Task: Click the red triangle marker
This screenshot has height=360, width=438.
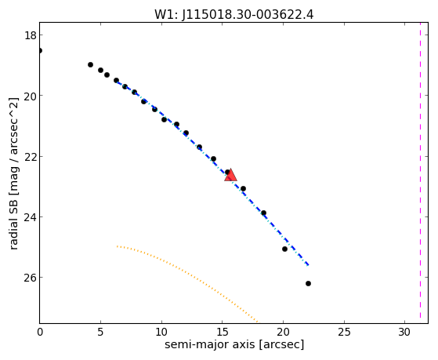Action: (230, 176)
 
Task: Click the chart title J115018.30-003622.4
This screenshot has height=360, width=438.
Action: (248, 14)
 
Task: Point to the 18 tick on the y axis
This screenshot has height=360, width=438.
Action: (41, 35)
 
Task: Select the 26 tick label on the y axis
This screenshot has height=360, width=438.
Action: (31, 278)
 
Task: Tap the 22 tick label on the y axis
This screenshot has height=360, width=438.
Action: (31, 156)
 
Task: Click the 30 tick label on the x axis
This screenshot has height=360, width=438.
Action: (405, 332)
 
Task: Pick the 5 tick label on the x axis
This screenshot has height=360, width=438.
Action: (100, 332)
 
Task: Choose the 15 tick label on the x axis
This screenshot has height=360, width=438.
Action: (222, 332)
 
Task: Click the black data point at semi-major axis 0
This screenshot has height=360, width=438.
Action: (40, 51)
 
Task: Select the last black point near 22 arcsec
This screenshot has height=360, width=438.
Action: (308, 284)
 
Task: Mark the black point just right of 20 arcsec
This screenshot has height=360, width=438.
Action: (284, 249)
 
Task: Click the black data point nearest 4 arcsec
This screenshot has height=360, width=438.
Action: (90, 64)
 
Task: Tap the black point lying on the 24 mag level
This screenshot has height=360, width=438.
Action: (263, 213)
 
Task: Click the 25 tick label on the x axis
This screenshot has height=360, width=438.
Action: (344, 332)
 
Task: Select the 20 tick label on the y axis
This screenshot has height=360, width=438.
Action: (31, 96)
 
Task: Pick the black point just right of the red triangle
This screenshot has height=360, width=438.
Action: (243, 188)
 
